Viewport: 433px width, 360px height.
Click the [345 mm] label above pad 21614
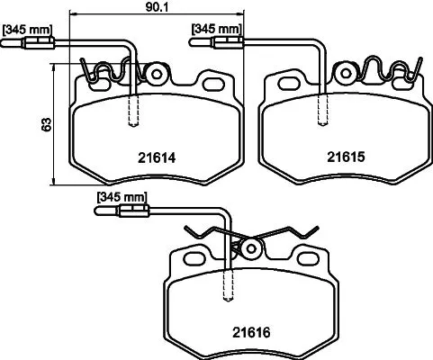coord(26,31)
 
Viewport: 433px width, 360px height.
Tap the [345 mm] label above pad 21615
coord(215,31)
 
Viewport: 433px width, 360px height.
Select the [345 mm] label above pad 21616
coord(121,197)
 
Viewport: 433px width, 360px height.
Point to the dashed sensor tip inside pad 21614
coord(135,112)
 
